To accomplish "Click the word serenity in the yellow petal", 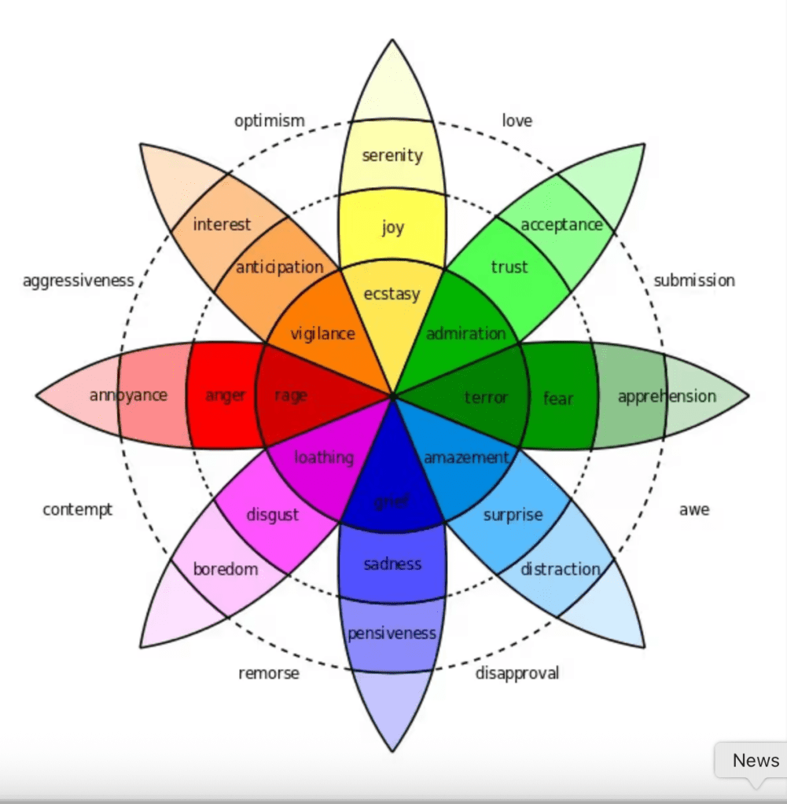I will tap(392, 156).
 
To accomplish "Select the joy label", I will tap(392, 228).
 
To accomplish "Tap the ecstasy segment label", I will tap(392, 294).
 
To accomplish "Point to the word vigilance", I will tap(322, 333).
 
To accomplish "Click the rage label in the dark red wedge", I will tap(291, 396).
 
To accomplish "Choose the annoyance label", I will tap(128, 395).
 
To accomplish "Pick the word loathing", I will tap(324, 457).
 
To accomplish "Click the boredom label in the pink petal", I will tap(226, 569).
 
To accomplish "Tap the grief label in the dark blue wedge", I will tap(392, 501).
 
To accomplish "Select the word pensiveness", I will tap(392, 633).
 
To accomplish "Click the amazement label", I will tap(466, 457).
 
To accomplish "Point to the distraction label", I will tap(561, 569).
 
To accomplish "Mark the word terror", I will tap(487, 398).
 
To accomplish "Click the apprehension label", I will tap(667, 396).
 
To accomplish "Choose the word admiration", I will tap(465, 333).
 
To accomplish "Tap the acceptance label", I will tap(561, 225).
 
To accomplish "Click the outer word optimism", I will tap(269, 121).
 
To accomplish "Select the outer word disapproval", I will tap(517, 673).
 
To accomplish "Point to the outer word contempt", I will tap(78, 510).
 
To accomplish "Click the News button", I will tap(756, 760).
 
